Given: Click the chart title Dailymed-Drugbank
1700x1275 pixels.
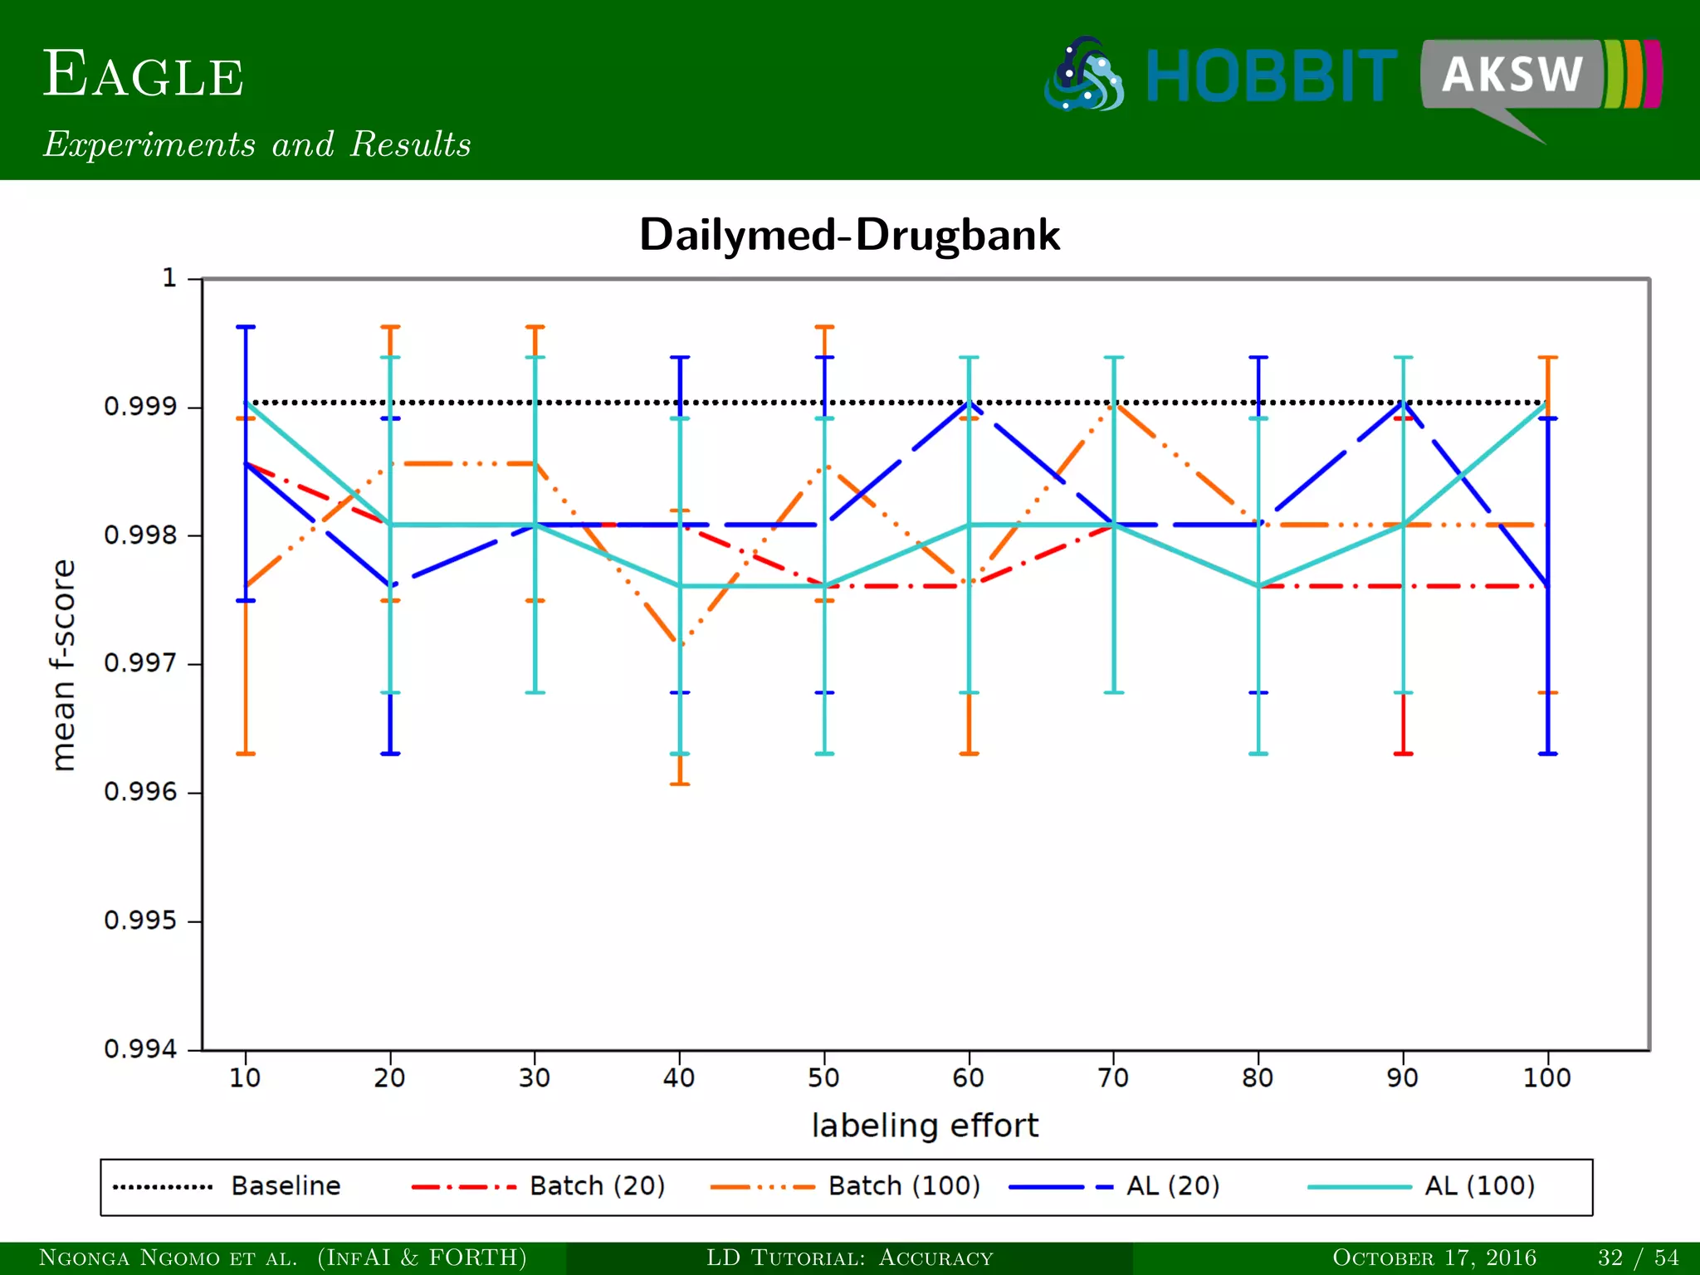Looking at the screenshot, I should pyautogui.click(x=849, y=235).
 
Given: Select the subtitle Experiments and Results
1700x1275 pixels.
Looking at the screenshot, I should pyautogui.click(x=257, y=144).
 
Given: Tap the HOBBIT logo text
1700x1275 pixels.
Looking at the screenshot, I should pyautogui.click(x=1271, y=77).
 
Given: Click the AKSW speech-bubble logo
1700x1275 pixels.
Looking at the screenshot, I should pyautogui.click(x=1512, y=76).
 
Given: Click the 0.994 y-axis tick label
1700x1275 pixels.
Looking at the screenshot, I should pyautogui.click(x=140, y=1049).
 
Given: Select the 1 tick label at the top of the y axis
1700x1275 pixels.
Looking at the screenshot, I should pyautogui.click(x=169, y=277).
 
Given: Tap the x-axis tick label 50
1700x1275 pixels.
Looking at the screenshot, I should pyautogui.click(x=823, y=1078).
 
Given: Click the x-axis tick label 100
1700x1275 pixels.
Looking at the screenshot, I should pyautogui.click(x=1546, y=1078).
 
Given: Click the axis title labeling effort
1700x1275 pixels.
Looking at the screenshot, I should pyautogui.click(x=925, y=1126).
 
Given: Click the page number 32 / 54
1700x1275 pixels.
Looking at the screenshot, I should pyautogui.click(x=1638, y=1258).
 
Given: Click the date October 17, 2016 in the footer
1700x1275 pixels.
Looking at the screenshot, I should pyautogui.click(x=1434, y=1258).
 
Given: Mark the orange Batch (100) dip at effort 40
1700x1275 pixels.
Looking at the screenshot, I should pyautogui.click(x=681, y=643).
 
